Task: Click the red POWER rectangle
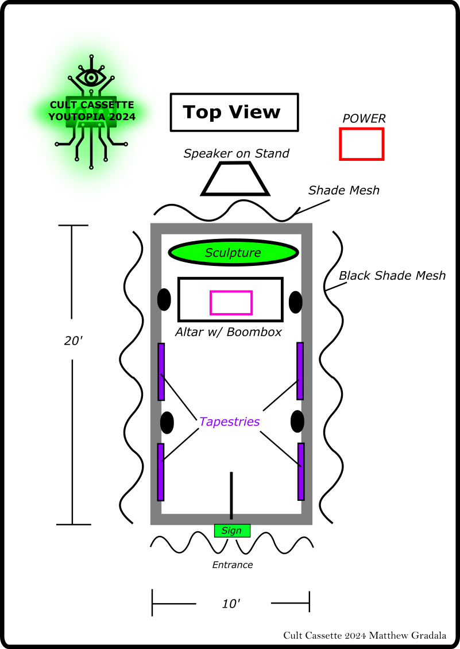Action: [361, 144]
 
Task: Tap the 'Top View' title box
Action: [234, 113]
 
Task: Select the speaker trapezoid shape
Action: [235, 179]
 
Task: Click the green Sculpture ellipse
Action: [233, 253]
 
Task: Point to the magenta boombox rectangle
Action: [231, 303]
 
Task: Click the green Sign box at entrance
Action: [232, 531]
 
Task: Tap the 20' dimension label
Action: [74, 341]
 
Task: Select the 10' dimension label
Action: [231, 604]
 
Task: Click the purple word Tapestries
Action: [229, 422]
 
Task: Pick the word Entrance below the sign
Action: [233, 565]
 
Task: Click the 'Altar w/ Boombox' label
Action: [229, 332]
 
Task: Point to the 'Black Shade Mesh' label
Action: [392, 276]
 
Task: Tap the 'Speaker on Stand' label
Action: [236, 153]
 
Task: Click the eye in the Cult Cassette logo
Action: [91, 76]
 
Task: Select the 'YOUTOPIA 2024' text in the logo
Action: [92, 117]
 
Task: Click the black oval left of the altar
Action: [164, 299]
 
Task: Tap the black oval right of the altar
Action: [296, 302]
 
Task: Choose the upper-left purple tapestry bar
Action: [161, 372]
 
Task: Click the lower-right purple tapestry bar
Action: [301, 472]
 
